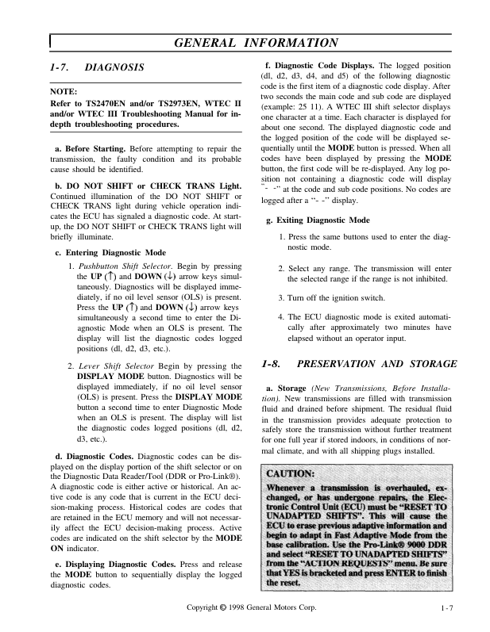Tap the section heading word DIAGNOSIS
[114, 68]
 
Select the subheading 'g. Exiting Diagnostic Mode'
[320, 220]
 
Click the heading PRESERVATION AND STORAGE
[376, 364]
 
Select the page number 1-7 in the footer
[448, 609]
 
